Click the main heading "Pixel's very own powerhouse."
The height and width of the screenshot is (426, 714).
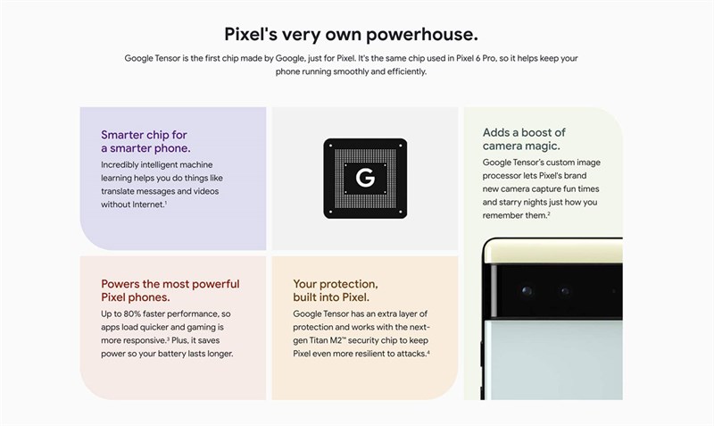point(351,35)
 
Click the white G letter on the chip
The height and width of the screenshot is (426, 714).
point(364,178)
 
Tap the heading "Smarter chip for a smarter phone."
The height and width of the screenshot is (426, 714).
point(145,141)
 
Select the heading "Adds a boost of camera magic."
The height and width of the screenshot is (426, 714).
point(524,138)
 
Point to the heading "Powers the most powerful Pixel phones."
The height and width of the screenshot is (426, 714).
point(170,290)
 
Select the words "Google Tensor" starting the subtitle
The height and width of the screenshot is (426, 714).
point(152,58)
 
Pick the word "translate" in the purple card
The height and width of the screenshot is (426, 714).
point(121,191)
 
